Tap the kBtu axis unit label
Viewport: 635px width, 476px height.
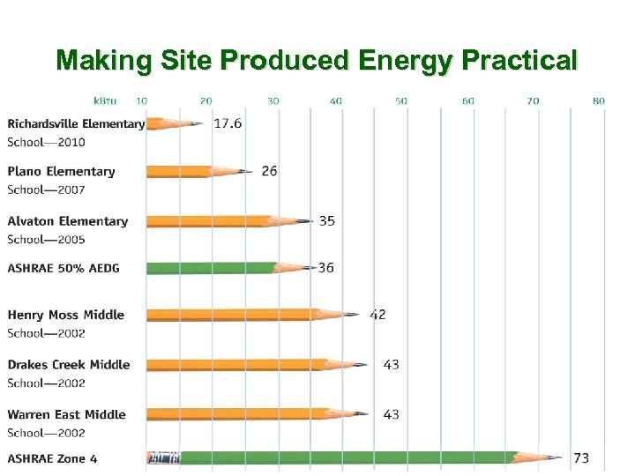tap(106, 101)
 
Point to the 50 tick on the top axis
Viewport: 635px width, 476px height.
tap(401, 101)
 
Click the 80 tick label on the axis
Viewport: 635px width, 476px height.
tap(599, 101)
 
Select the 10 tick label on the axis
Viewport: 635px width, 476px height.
tap(142, 101)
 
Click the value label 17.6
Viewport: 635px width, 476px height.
tap(228, 123)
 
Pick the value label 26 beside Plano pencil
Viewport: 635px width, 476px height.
tap(269, 171)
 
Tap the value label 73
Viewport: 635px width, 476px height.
tap(581, 458)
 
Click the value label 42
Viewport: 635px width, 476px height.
tap(377, 315)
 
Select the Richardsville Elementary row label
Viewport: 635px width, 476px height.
tap(76, 124)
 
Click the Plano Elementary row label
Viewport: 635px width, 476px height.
tap(62, 172)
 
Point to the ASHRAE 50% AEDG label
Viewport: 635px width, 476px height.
tap(63, 268)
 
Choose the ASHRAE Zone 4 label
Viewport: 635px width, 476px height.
tap(53, 458)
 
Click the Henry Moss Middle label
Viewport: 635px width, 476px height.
tap(66, 316)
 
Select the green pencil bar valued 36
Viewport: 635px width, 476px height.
tap(212, 267)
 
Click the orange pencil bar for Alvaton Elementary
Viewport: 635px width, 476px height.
tap(207, 220)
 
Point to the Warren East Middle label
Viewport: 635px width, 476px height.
tap(67, 414)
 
